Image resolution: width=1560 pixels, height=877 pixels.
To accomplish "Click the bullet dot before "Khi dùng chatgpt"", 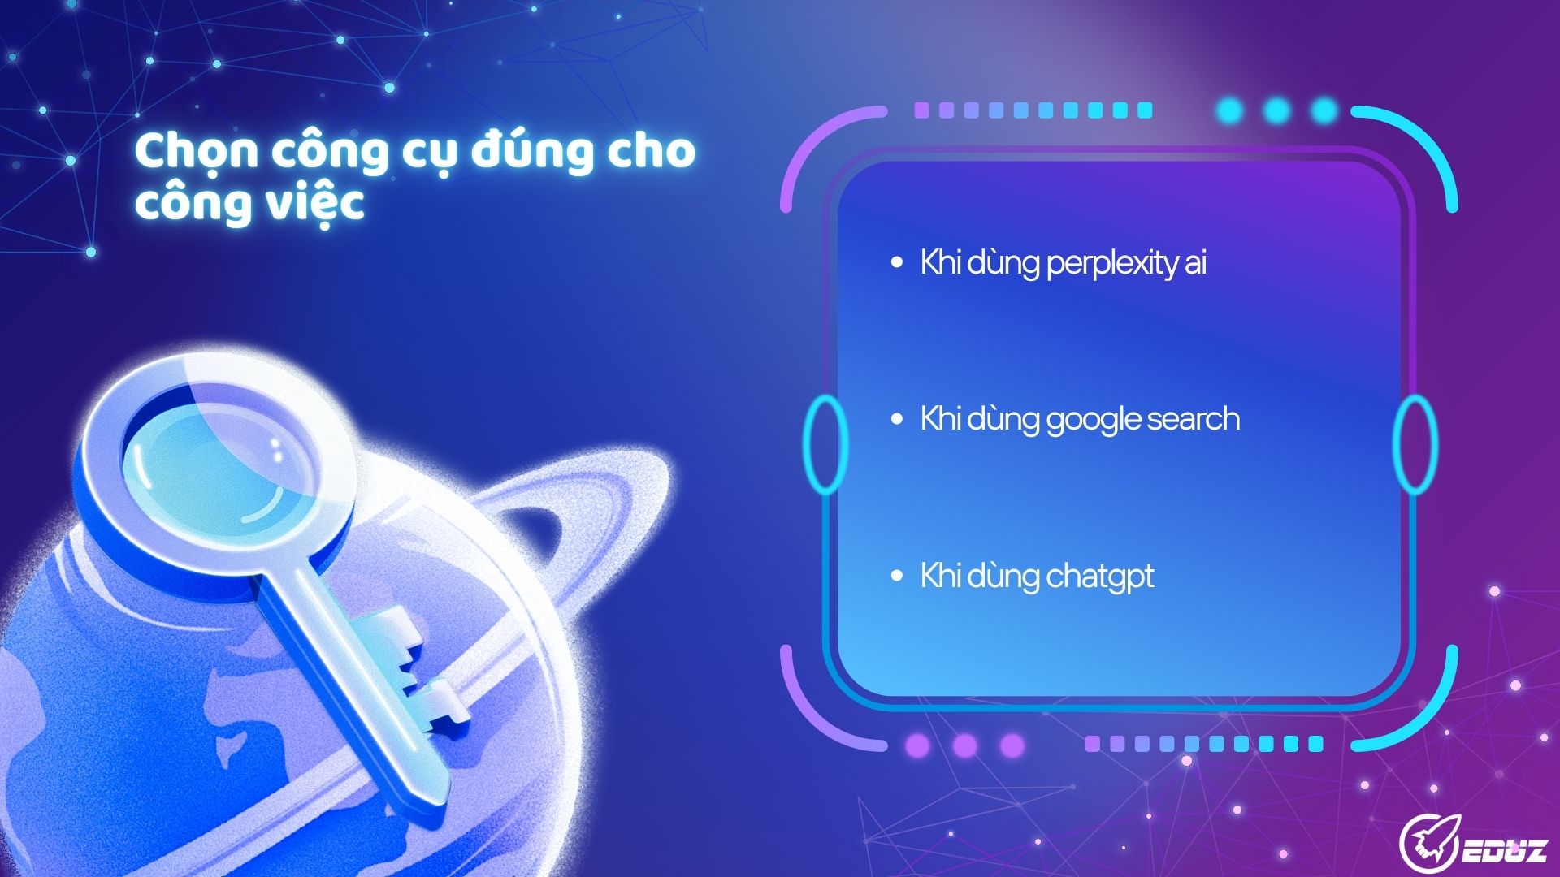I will (897, 576).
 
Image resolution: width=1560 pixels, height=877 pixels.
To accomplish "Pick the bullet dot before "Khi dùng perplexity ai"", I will (897, 262).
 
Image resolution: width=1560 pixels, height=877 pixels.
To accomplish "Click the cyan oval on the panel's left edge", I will (825, 444).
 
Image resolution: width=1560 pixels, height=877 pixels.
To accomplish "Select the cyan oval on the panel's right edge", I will (1415, 444).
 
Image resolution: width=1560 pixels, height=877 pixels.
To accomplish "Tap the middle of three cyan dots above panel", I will (1277, 110).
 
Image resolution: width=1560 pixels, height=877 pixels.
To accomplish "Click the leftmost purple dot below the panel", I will (916, 745).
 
